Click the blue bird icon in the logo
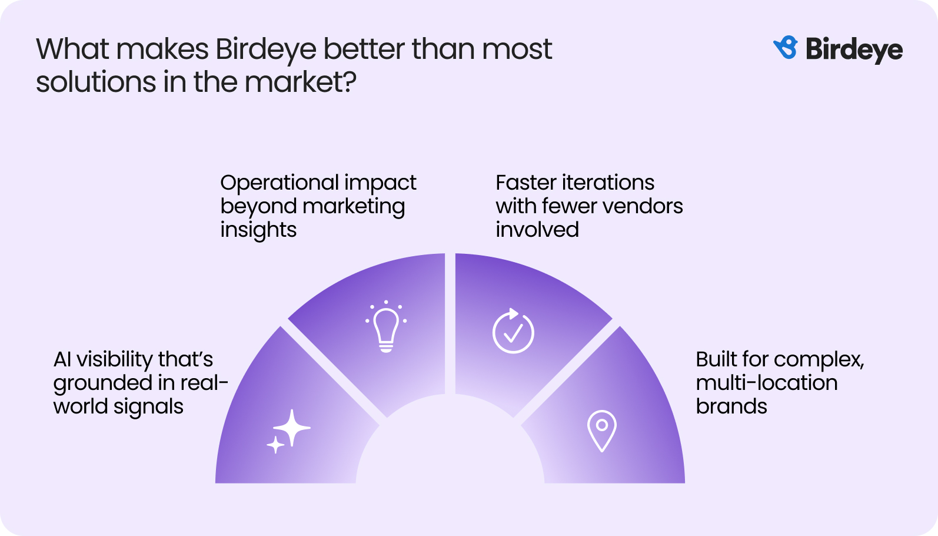[786, 48]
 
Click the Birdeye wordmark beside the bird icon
[854, 49]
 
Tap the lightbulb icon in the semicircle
[386, 327]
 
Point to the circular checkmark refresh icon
[513, 331]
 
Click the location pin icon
[601, 430]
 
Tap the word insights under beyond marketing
[258, 230]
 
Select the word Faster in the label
[526, 183]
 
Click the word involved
[537, 230]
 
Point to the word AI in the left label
[62, 359]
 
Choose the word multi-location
[766, 383]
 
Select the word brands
[731, 406]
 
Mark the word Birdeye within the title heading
[266, 49]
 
